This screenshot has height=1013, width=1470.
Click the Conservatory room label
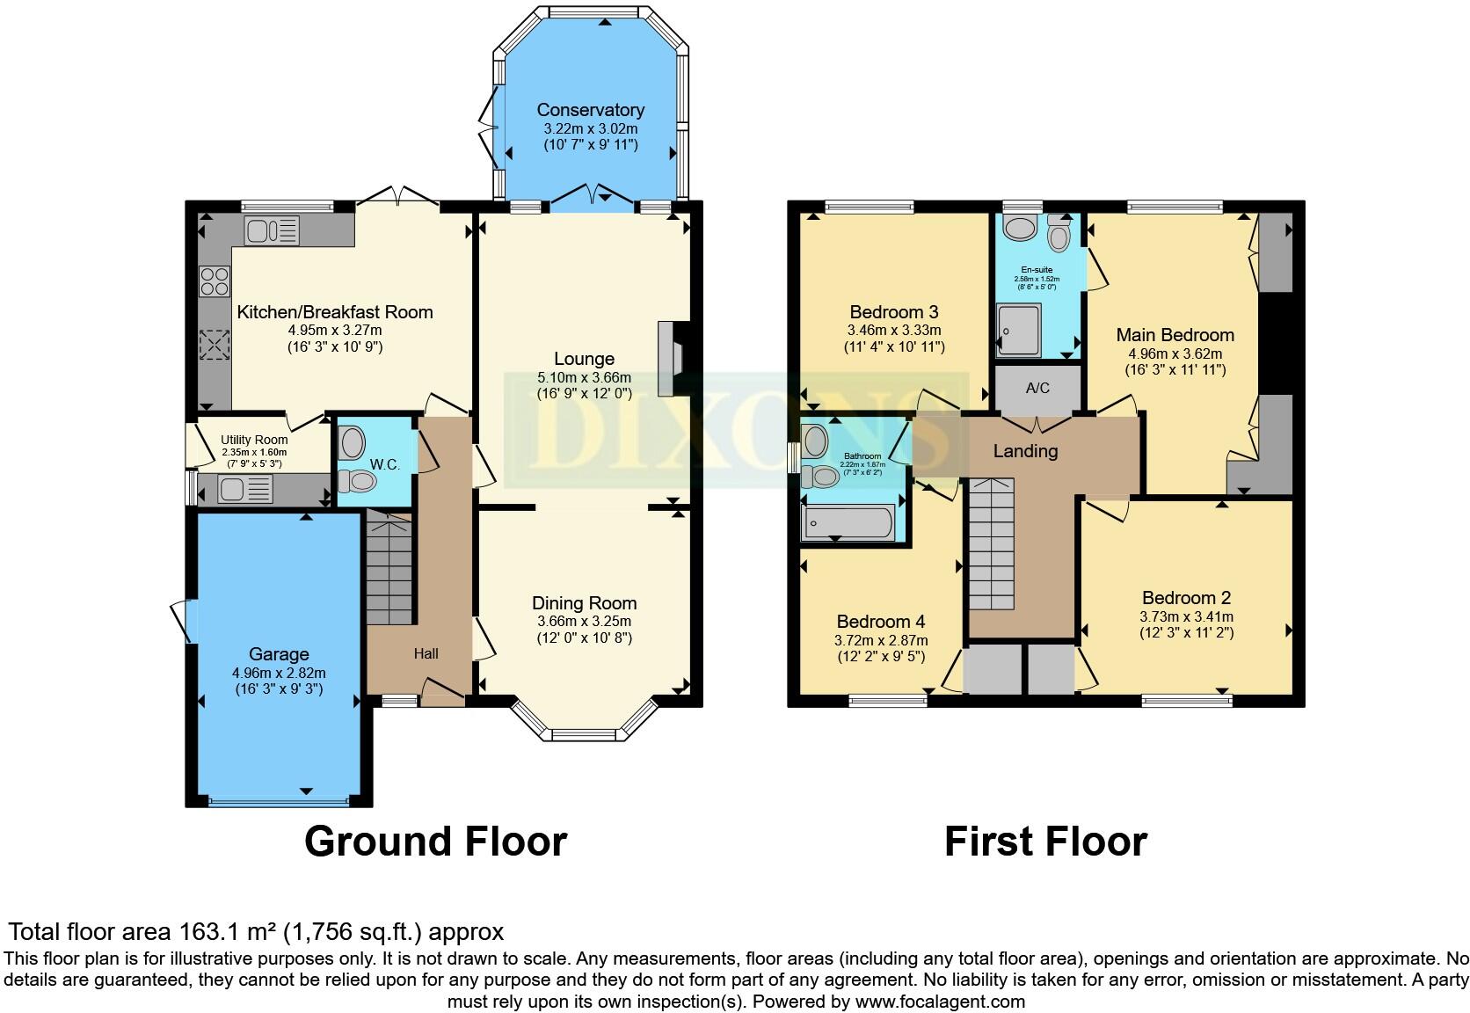[590, 110]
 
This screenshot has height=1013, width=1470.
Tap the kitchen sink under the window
[272, 231]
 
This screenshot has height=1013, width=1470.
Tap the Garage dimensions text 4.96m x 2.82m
[279, 673]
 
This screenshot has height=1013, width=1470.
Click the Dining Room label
[584, 603]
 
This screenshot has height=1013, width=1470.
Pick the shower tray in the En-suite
[1019, 330]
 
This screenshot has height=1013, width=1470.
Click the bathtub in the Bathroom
[848, 522]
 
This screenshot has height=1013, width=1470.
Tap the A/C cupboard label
[1037, 388]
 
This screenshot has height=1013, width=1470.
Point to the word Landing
[1025, 451]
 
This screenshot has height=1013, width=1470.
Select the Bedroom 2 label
[1186, 598]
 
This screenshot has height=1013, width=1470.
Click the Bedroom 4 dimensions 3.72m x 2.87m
[880, 640]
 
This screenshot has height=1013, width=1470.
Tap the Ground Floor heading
[435, 842]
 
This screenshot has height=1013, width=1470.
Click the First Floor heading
[1045, 842]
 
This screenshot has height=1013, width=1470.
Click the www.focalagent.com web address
[939, 1001]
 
